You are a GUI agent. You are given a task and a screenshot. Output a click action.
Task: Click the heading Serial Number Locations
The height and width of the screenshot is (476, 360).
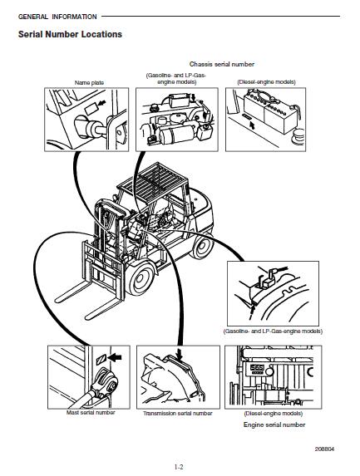pyautogui.click(x=70, y=34)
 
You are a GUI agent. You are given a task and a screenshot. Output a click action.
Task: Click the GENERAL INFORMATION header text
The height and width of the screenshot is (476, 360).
pyautogui.click(x=57, y=17)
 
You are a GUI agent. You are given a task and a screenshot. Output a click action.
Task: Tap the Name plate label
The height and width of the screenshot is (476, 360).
pyautogui.click(x=89, y=82)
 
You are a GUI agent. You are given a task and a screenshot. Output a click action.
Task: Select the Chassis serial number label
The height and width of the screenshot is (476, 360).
pyautogui.click(x=222, y=64)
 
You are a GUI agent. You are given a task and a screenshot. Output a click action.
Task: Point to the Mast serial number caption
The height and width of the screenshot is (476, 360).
pyautogui.click(x=91, y=413)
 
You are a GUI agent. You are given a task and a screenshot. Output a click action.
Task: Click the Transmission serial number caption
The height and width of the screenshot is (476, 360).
pyautogui.click(x=178, y=414)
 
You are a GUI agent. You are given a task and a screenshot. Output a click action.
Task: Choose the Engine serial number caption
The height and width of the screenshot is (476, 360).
pyautogui.click(x=274, y=425)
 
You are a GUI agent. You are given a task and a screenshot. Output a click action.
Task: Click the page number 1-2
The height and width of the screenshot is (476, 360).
pyautogui.click(x=179, y=467)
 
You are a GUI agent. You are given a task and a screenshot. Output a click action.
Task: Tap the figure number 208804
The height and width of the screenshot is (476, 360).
pyautogui.click(x=324, y=449)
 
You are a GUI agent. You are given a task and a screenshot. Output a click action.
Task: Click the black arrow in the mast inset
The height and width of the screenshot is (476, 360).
pyautogui.click(x=115, y=357)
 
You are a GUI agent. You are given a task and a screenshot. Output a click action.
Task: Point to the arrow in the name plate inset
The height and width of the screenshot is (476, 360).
pyautogui.click(x=102, y=103)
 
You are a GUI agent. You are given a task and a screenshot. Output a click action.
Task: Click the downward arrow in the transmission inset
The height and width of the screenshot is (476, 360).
pyautogui.click(x=180, y=355)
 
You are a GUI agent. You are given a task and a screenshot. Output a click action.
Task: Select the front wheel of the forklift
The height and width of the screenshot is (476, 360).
pyautogui.click(x=141, y=277)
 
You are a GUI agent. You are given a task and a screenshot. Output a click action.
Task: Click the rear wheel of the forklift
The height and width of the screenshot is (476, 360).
pyautogui.click(x=202, y=247)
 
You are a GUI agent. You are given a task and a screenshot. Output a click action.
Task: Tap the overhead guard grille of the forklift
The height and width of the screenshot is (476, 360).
pyautogui.click(x=151, y=179)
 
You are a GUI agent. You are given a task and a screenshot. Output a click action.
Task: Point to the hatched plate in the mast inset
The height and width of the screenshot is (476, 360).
pyautogui.click(x=101, y=359)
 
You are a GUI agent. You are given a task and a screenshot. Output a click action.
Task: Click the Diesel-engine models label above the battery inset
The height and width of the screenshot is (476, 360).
pyautogui.click(x=266, y=82)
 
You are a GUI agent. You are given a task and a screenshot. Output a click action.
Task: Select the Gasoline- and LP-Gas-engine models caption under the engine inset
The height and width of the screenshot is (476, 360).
pyautogui.click(x=273, y=331)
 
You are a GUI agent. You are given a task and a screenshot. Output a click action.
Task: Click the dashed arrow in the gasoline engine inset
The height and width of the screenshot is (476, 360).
pyautogui.click(x=252, y=312)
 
